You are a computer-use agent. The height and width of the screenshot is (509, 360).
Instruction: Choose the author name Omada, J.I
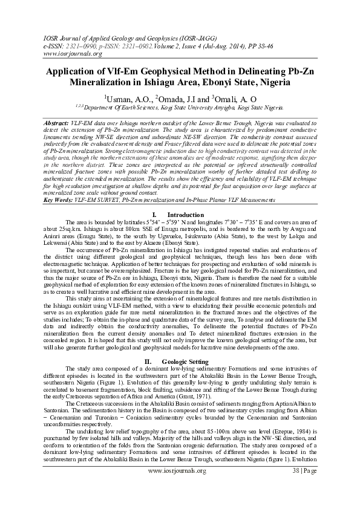pyautogui.click(x=177, y=99)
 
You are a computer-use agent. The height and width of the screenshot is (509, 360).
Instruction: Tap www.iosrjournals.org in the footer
pyautogui.click(x=180, y=469)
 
